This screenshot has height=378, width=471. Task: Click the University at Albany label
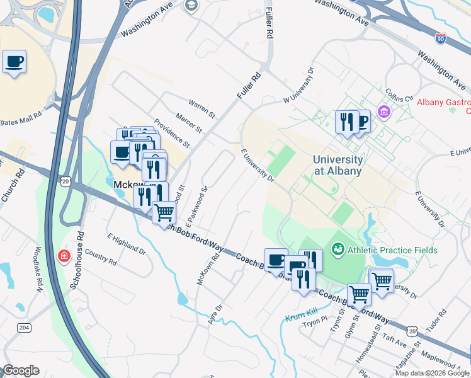[x=338, y=165]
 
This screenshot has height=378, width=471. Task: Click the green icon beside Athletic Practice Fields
[x=338, y=250]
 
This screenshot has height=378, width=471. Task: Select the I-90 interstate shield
[x=441, y=39]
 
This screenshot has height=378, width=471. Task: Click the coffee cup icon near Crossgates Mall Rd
[x=14, y=62]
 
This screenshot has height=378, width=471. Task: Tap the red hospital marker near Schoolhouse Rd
[x=64, y=256]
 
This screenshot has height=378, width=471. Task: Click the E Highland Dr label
[x=127, y=243]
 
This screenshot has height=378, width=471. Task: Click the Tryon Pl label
[x=315, y=324]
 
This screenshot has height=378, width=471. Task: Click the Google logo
[x=21, y=370]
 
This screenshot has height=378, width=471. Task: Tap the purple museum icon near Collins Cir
[x=383, y=112]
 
